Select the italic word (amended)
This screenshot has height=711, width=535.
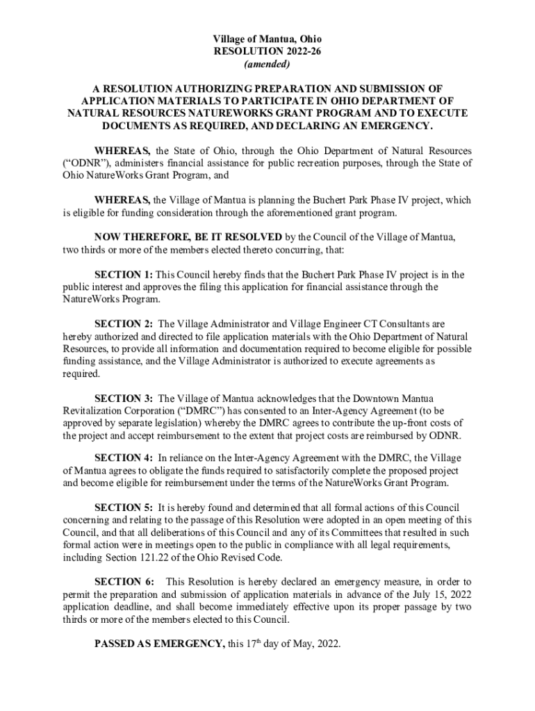click(x=267, y=65)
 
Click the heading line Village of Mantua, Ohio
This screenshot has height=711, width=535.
click(x=267, y=39)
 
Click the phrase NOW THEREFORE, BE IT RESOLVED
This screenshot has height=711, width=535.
click(x=188, y=237)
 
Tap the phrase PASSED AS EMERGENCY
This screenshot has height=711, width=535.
click(x=159, y=644)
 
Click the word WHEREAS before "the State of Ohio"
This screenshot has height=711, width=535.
click(x=122, y=151)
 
